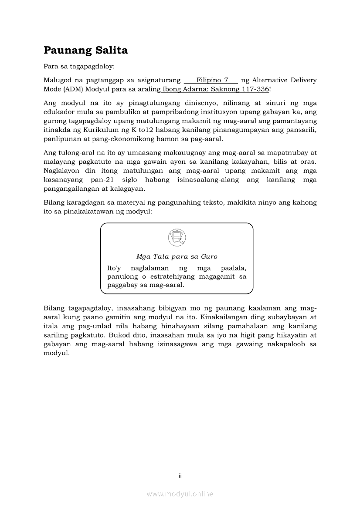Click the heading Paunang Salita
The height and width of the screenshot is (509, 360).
point(85,51)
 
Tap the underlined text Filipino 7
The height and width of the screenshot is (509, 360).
point(212,80)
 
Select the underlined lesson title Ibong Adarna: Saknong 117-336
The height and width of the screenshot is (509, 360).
point(216,89)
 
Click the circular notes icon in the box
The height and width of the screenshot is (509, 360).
point(177,237)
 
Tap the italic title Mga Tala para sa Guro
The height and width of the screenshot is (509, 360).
point(177,256)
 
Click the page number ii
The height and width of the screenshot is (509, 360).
point(180,475)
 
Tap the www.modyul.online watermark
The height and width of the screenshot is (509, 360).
point(180,494)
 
